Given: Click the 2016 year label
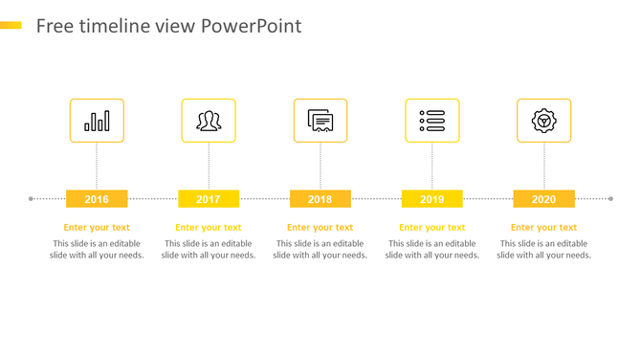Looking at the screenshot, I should [97, 199].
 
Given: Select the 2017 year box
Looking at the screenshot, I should [209, 199].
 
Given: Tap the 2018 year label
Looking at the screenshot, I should [320, 199].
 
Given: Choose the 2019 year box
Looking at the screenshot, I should [431, 199].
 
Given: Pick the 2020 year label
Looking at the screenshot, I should [543, 199].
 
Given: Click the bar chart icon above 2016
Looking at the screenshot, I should [97, 121].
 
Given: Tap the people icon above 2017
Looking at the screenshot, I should [209, 121].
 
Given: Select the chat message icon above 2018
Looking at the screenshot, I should [320, 121].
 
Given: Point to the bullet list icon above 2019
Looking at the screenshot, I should [431, 121].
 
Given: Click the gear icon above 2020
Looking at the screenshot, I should [543, 121].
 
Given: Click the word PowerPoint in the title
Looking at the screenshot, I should [252, 26].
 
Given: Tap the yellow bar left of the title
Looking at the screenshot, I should [11, 25].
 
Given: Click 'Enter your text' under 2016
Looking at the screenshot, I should [97, 228].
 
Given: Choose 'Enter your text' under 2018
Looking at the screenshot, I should [320, 228].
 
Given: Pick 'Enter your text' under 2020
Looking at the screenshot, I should [543, 228].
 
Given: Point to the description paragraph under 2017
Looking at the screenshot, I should [209, 250].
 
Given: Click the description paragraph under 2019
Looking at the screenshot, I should [431, 250].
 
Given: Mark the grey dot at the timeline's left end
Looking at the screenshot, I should [32, 199].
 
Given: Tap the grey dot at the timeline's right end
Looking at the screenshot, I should [610, 199].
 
